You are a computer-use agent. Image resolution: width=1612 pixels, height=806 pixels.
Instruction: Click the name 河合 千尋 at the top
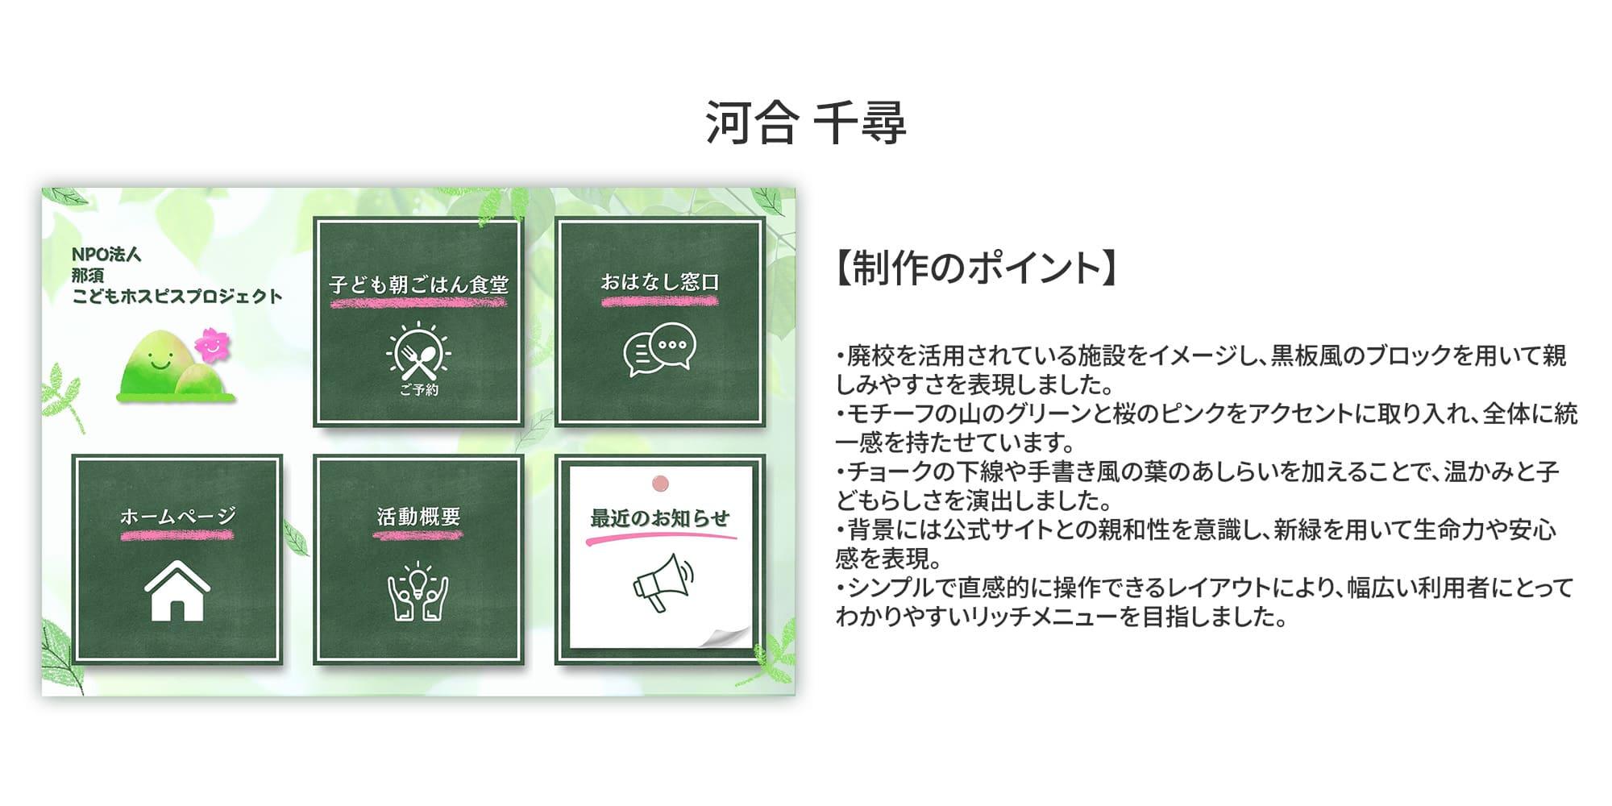pos(805,123)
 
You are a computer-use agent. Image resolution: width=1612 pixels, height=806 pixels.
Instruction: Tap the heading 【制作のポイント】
pos(975,268)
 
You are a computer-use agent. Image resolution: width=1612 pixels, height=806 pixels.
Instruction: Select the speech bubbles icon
pos(659,350)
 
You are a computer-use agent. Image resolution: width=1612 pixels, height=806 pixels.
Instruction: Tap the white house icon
pos(177,591)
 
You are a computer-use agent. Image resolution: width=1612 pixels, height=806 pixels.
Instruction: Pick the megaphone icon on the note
pos(663,582)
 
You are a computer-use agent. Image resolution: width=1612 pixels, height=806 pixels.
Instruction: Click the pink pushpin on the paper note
pos(660,483)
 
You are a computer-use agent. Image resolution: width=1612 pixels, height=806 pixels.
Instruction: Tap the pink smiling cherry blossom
pos(211,345)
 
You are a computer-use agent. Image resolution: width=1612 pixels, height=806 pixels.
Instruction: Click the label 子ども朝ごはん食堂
pos(418,285)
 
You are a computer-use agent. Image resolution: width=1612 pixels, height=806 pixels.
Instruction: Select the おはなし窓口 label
pos(659,282)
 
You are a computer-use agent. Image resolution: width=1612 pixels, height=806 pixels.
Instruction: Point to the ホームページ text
pos(177,516)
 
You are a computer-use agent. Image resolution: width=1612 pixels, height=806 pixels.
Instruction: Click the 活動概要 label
pos(418,517)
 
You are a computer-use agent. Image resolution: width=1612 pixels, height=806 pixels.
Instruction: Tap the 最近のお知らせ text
pos(659,518)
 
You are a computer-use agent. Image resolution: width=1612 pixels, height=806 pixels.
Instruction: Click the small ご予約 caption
pos(418,390)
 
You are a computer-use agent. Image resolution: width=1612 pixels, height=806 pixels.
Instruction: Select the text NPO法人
pos(106,255)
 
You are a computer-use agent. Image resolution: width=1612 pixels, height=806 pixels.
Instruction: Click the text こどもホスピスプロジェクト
pos(177,297)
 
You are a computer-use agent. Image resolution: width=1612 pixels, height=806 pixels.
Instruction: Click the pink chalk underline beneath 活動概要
pos(418,534)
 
